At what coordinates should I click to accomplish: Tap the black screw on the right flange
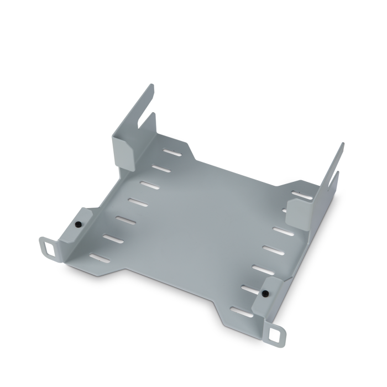[x=265, y=292]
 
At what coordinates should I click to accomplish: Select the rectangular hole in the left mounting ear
[x=49, y=247]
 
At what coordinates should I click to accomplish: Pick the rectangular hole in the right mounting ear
[x=276, y=334]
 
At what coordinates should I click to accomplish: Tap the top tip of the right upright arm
[x=342, y=145]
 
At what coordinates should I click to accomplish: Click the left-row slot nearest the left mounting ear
[x=99, y=258]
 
